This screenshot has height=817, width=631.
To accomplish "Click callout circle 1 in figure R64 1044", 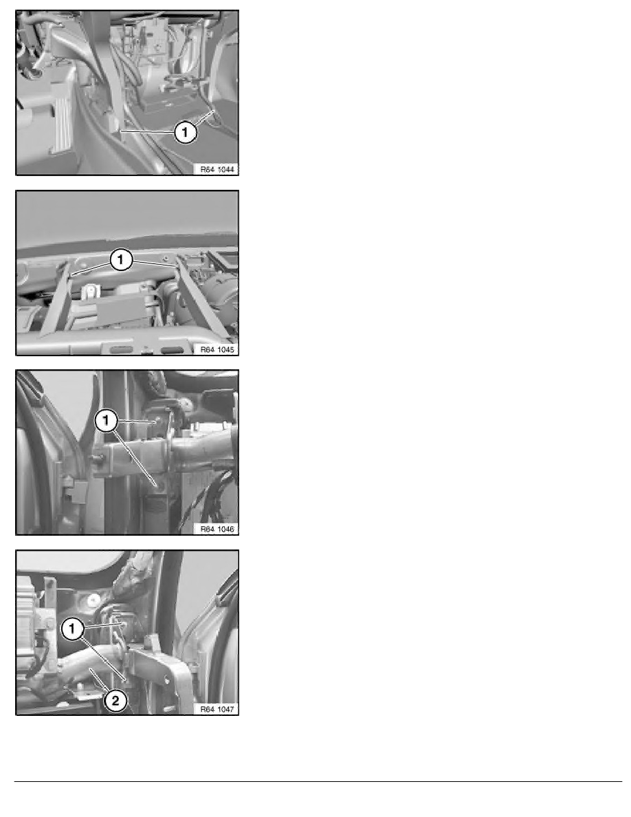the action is click(x=185, y=132).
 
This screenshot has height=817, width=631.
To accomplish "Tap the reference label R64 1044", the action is click(x=217, y=168).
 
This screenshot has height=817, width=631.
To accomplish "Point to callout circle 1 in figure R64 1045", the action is click(x=121, y=259).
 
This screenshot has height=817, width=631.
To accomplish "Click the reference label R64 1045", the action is click(x=217, y=349).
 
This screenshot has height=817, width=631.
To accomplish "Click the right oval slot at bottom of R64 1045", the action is click(x=172, y=350).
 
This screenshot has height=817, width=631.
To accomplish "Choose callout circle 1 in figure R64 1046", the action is click(x=107, y=420).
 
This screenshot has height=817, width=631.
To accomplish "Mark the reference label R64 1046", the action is click(x=217, y=529).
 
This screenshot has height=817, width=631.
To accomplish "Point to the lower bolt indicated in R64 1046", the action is click(x=157, y=486).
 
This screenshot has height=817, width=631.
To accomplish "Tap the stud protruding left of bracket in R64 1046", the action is click(x=97, y=458).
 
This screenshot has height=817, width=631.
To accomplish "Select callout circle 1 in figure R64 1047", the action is click(x=72, y=629).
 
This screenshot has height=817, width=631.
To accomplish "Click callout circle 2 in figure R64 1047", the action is click(x=115, y=700).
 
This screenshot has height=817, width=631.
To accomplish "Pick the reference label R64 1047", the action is click(x=217, y=708).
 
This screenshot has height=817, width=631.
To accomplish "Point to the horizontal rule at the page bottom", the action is click(x=318, y=781).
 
